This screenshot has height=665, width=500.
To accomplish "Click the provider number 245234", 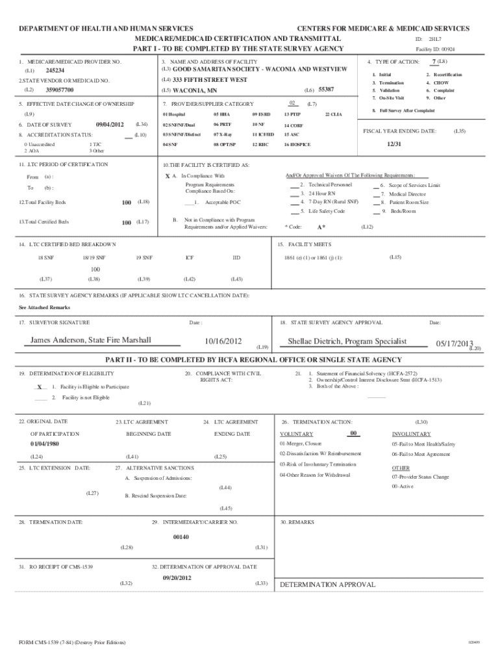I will pos(55,70).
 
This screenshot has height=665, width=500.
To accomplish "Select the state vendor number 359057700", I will pos(60,90).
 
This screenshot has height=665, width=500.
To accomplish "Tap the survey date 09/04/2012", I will pos(109,124).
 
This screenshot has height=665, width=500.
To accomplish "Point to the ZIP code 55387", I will pos(327,89).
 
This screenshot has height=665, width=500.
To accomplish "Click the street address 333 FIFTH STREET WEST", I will pos(210,80).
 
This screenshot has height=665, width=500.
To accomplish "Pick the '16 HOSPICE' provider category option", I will pos(297,144).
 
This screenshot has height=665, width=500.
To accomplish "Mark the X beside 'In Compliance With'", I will pos(168,177).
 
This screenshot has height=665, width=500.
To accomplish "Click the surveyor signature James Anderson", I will pos(91,340).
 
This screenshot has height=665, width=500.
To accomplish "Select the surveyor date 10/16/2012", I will pos(223,342).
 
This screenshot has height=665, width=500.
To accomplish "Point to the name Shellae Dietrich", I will pos(347,342).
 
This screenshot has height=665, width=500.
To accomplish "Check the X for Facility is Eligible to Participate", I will pos(40,386).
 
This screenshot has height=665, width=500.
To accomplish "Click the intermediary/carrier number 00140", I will pos(181,537).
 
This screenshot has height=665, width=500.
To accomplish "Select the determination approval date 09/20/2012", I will pos(177,577).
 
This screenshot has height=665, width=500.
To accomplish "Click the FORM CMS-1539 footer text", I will pos(72,643).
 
